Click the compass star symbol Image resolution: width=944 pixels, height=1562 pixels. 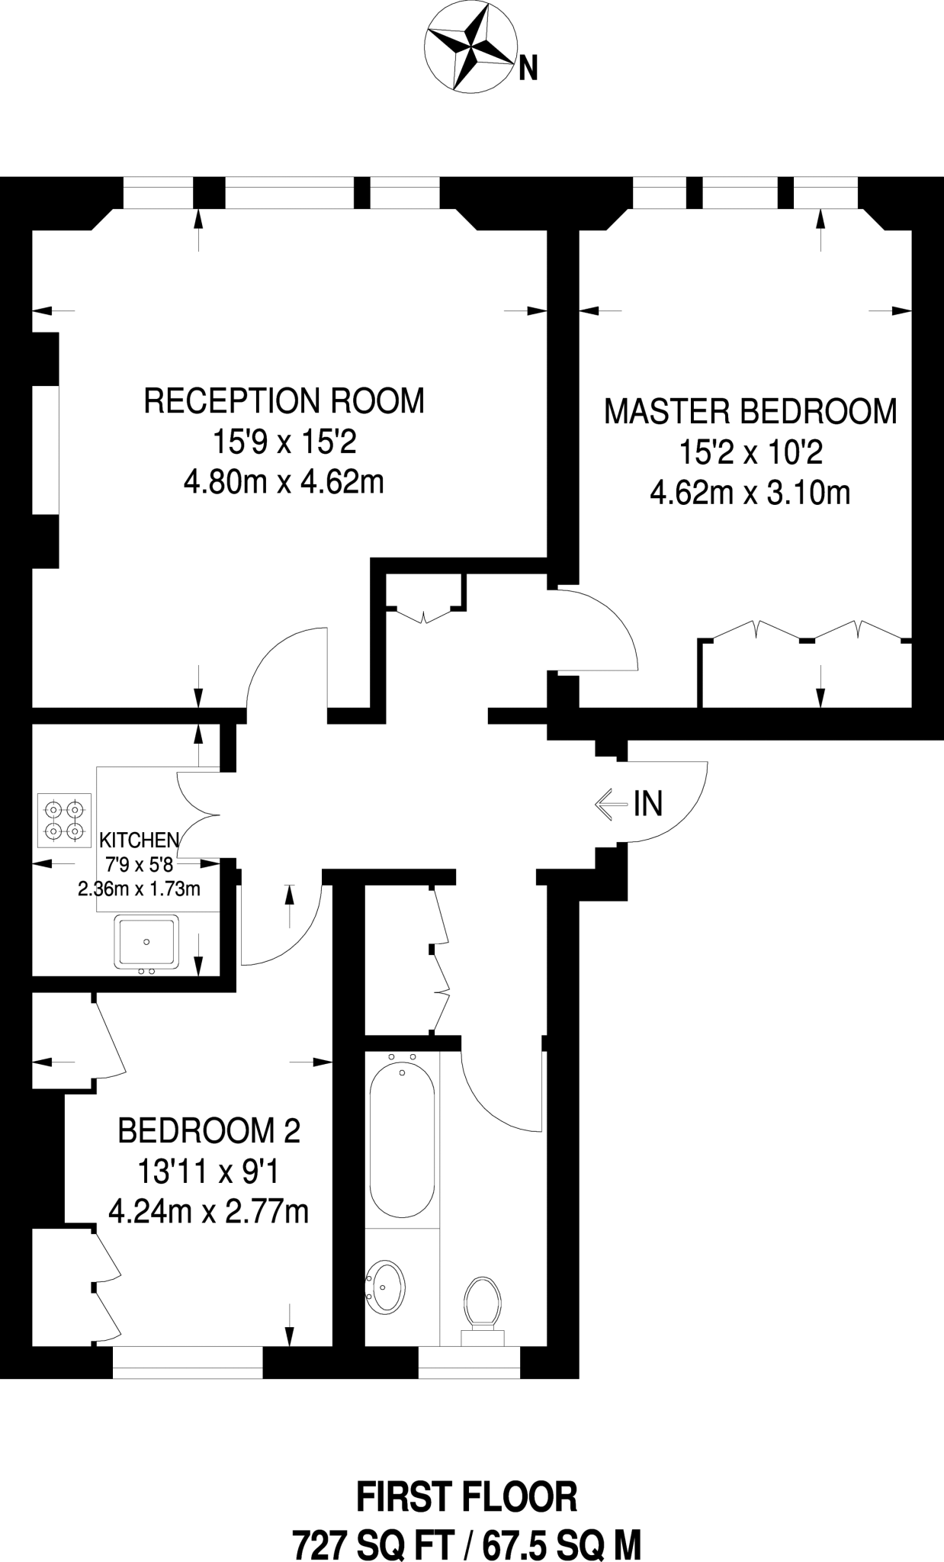pyautogui.click(x=470, y=50)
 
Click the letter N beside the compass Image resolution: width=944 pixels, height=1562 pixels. pyautogui.click(x=528, y=69)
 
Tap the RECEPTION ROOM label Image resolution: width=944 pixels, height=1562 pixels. pyautogui.click(x=284, y=401)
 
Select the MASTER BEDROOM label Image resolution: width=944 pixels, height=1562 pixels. pyautogui.click(x=750, y=412)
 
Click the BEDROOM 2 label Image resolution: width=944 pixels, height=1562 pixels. pyautogui.click(x=209, y=1130)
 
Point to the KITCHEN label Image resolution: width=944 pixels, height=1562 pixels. pyautogui.click(x=140, y=840)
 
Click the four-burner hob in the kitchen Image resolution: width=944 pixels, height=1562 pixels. pyautogui.click(x=64, y=820)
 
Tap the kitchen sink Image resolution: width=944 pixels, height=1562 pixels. pyautogui.click(x=146, y=942)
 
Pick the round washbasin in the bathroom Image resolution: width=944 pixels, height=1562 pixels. pyautogui.click(x=386, y=1287)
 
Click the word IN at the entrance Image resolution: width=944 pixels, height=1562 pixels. pyautogui.click(x=648, y=804)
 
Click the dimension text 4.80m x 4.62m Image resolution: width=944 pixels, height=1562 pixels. pyautogui.click(x=284, y=482)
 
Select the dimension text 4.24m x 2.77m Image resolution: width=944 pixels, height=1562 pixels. pyautogui.click(x=209, y=1211)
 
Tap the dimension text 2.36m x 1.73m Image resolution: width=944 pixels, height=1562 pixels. pyautogui.click(x=139, y=889)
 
